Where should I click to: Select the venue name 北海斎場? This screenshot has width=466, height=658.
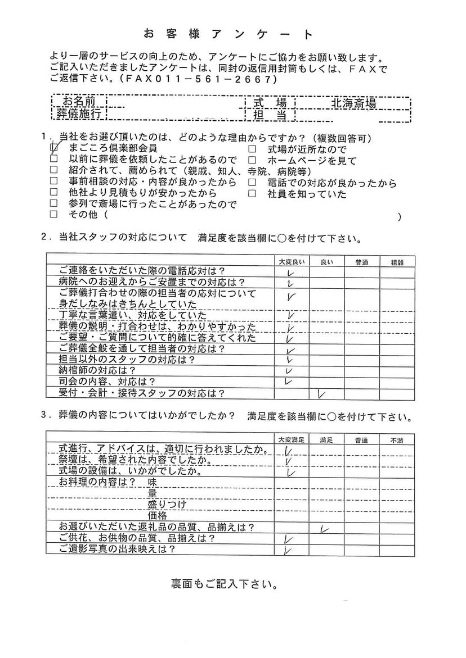pos(353,103)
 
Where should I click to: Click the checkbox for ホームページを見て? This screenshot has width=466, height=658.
pos(252,161)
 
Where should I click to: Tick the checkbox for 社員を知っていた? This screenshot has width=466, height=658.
pos(252,194)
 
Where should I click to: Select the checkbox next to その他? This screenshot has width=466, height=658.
pos(54,215)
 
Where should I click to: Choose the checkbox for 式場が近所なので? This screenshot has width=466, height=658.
pos(252,149)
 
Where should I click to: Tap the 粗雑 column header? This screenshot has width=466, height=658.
pos(397,262)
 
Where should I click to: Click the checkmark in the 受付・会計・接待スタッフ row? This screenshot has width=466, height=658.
pos(322,394)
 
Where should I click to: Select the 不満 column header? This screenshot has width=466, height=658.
pos(397,439)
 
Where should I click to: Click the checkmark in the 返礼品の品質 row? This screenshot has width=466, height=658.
pos(324,528)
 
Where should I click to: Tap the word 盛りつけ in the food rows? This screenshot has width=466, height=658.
pos(167,504)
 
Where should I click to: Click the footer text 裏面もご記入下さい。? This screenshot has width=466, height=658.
pos(224,584)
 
